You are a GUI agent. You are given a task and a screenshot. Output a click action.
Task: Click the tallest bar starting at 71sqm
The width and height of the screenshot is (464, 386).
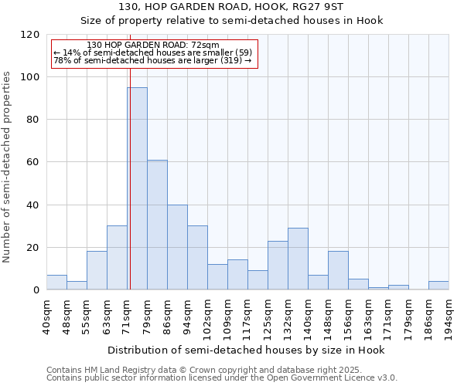click(x=138, y=189)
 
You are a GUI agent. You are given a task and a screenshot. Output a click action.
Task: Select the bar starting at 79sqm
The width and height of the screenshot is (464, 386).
click(x=157, y=225)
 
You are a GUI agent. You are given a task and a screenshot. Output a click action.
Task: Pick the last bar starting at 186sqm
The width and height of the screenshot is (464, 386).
click(x=438, y=286)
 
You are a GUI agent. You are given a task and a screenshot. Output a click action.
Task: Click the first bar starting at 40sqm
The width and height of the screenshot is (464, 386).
click(x=56, y=283)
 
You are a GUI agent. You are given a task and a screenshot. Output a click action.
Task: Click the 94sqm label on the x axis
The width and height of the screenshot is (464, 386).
click(x=187, y=314)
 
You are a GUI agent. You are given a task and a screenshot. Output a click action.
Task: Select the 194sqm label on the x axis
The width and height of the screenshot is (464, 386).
click(x=449, y=314)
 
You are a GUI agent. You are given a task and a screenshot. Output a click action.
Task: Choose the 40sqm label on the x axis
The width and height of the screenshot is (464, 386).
click(x=46, y=314)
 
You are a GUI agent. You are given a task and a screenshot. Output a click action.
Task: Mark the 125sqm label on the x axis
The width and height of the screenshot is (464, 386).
click(x=268, y=314)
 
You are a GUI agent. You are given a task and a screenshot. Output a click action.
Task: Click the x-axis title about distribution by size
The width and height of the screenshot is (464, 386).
click(x=246, y=350)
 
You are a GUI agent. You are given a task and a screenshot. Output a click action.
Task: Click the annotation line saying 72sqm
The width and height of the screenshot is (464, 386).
click(x=153, y=45)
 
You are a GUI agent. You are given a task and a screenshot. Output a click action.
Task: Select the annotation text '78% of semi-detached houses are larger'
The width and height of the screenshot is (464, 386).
click(x=152, y=60)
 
